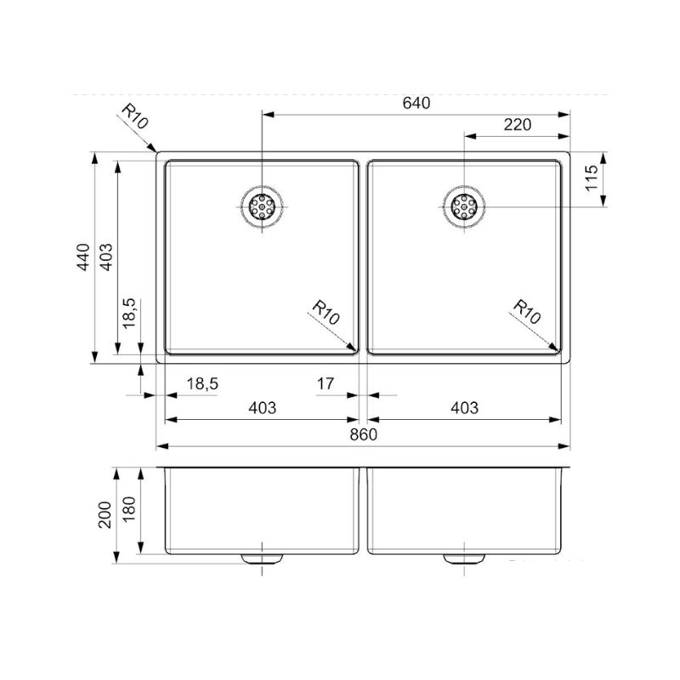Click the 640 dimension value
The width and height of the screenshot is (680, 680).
tap(416, 103)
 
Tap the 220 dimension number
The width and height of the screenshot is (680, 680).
tap(518, 125)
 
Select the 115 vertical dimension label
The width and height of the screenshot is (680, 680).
tap(591, 178)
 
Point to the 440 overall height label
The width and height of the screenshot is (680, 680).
tap(83, 258)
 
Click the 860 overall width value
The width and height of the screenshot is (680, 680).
tap(364, 434)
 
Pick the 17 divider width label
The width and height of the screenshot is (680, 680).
tap(326, 384)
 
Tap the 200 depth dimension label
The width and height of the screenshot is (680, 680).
tap(105, 515)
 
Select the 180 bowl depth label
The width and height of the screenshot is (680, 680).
tap(129, 509)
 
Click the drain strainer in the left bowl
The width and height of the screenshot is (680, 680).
tap(262, 207)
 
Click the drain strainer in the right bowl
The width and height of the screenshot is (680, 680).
tap(464, 207)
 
